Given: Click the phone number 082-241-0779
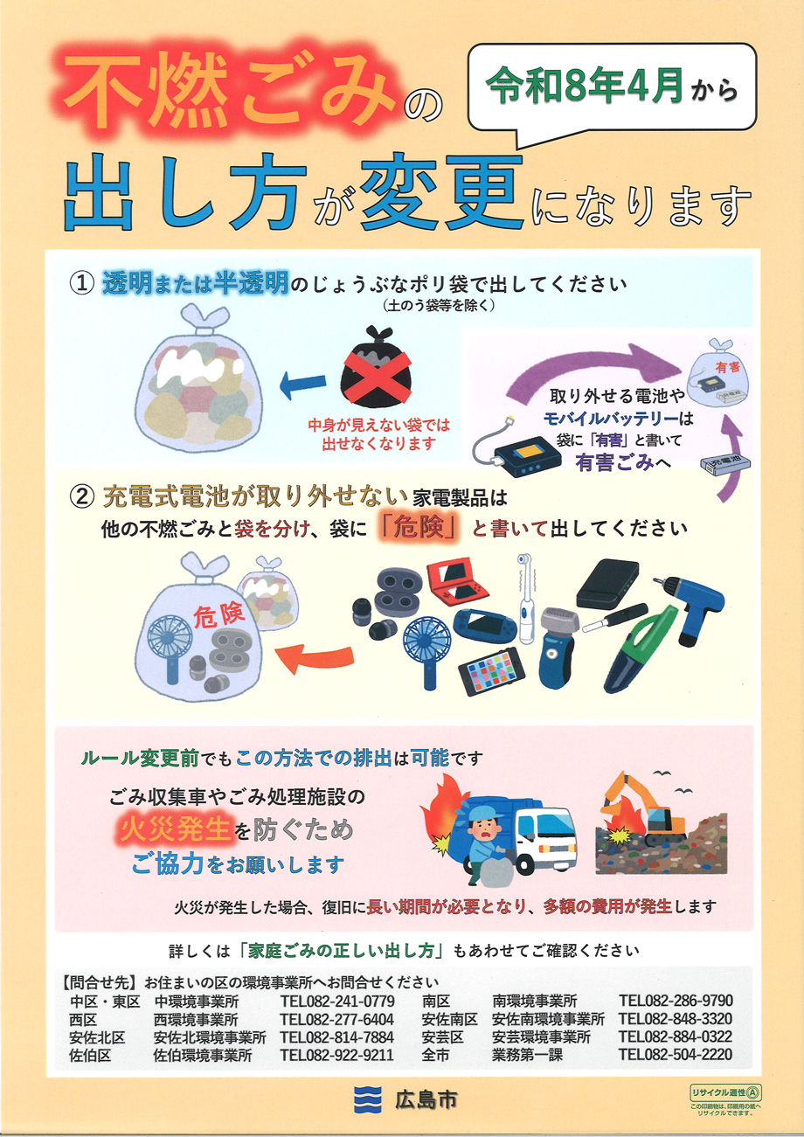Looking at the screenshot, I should pos(337,1001).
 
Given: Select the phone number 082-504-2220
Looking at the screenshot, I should pos(676,1055).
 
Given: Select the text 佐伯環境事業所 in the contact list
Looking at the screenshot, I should pos(203,1055).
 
